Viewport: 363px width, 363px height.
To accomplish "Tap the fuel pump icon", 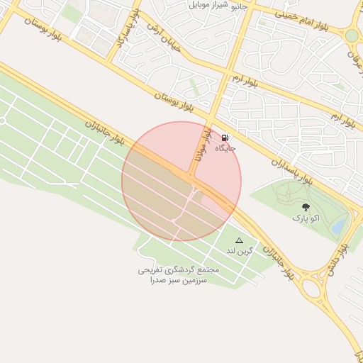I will point(225,138).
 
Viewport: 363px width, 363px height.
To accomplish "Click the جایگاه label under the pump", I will point(225,148).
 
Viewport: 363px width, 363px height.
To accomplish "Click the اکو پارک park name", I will point(306,218).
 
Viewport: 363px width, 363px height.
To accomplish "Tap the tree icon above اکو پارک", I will point(306,207).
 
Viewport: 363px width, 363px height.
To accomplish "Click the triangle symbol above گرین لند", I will point(239,241).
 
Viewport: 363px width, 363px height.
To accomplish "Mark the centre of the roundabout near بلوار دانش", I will point(311,287).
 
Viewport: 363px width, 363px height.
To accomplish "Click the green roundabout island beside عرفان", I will point(351,35).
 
